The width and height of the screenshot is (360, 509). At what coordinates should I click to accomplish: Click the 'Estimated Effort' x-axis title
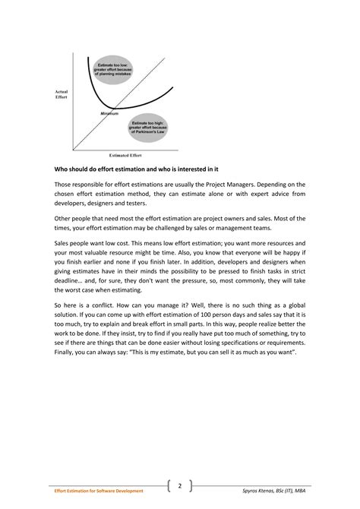click(x=125, y=154)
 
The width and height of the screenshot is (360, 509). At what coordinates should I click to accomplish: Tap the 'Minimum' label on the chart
click(x=109, y=114)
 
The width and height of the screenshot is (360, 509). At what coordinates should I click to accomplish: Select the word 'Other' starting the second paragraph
click(x=62, y=219)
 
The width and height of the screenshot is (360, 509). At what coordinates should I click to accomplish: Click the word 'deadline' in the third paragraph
click(x=69, y=292)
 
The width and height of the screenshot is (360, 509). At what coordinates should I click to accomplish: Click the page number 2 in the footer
click(x=180, y=485)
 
